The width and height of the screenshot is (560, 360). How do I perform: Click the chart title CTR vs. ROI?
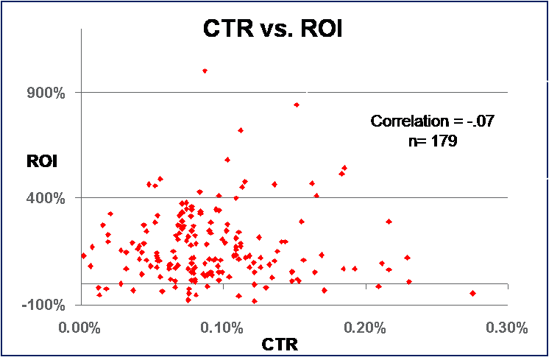[274, 30]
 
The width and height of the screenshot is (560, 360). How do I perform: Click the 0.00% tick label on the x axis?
[77, 328]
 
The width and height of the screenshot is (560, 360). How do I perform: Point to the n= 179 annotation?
[433, 141]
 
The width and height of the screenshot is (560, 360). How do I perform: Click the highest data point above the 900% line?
[205, 71]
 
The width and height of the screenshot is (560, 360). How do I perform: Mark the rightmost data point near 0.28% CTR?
[472, 293]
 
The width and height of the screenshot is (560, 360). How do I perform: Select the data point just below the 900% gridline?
[297, 105]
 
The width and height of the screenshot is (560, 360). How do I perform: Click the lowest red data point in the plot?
[255, 300]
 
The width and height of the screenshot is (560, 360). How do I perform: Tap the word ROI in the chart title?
[318, 30]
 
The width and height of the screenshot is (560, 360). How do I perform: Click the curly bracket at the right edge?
[552, 129]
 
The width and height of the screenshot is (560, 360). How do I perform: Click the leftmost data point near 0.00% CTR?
[83, 255]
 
